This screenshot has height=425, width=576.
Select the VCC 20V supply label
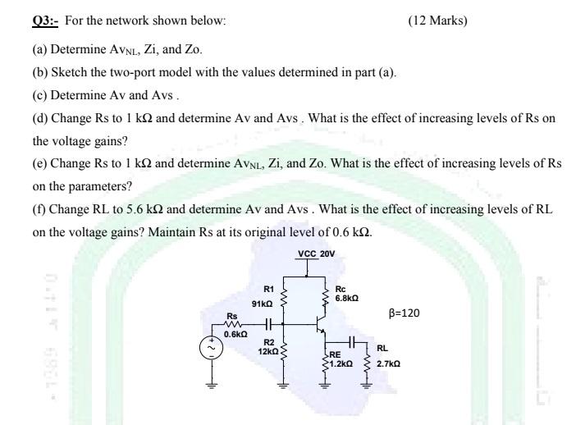click(316, 254)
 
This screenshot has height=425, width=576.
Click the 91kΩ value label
click(263, 302)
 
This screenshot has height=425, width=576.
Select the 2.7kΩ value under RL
click(388, 362)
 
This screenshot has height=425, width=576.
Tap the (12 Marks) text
click(437, 20)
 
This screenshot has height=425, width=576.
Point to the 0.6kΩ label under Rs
click(235, 334)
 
